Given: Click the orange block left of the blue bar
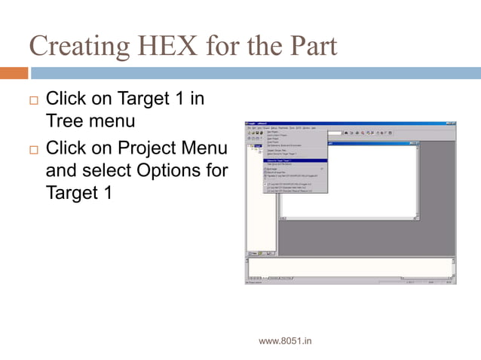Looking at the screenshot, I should [x=14, y=73].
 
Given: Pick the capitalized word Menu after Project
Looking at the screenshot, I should [x=199, y=148].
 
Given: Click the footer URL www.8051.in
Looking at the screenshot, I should [x=285, y=341].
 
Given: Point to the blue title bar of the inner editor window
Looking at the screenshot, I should [x=369, y=143].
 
